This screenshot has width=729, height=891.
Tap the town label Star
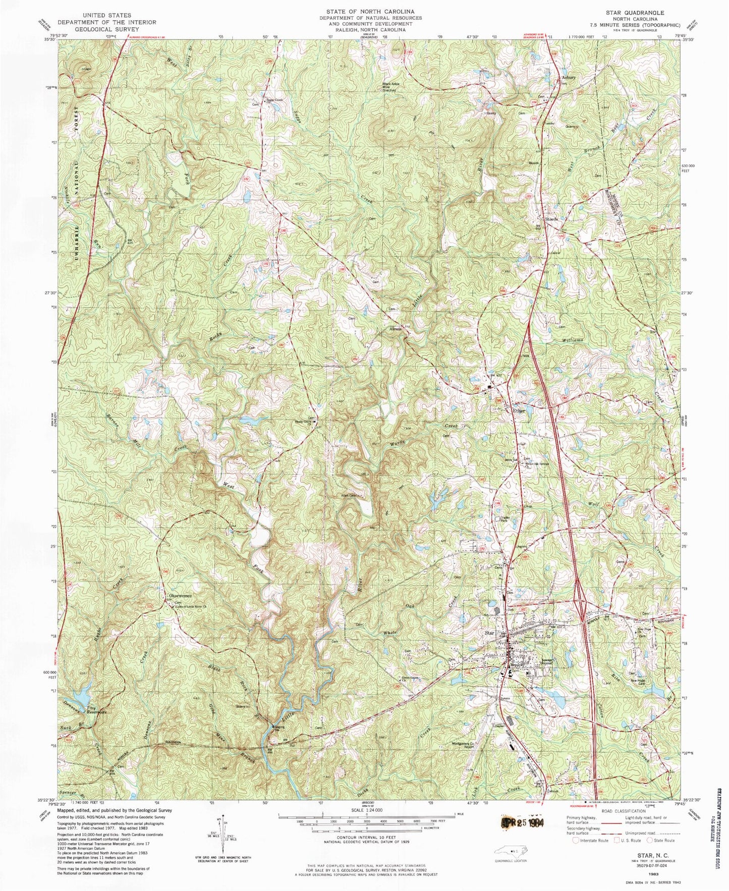[x=488, y=632]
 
